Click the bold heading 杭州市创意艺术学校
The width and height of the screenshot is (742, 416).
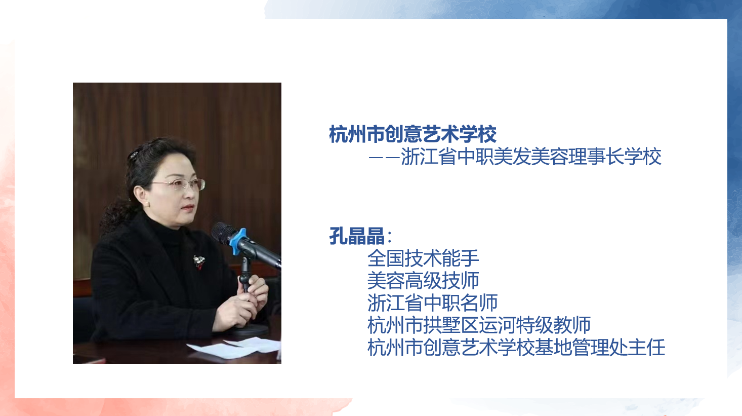coord(413,134)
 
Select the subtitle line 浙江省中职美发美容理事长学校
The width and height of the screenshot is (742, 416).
coord(531,156)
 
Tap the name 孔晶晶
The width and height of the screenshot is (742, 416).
coord(357,236)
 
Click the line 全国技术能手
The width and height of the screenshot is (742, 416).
coord(423,258)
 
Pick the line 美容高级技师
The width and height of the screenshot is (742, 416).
coord(423,280)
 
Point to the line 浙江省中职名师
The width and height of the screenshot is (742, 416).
coord(432,302)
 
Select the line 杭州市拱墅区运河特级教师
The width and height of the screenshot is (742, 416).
coord(479,325)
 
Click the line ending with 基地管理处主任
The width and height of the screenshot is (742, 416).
coord(516,347)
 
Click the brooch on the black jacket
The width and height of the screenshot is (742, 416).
coord(199,262)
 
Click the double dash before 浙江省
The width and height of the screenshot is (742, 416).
coord(384,158)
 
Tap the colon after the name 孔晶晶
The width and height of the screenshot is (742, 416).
coord(390,237)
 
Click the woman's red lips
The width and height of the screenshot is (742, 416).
coord(188,208)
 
